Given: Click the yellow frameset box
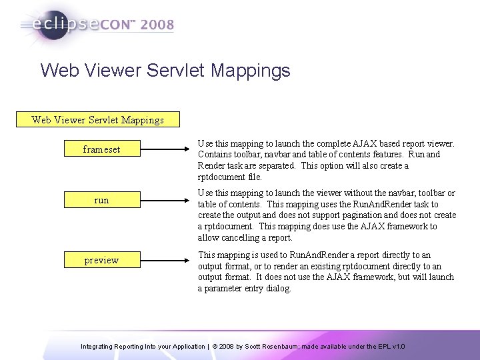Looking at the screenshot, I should click(101, 149).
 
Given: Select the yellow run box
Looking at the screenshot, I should click(101, 200).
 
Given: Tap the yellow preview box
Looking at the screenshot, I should click(101, 260).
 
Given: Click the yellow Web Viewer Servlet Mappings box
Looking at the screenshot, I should click(97, 120).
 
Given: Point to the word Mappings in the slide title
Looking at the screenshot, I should click(257, 71).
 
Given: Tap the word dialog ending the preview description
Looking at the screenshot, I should click(277, 288).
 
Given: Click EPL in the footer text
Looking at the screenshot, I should click(383, 347).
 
